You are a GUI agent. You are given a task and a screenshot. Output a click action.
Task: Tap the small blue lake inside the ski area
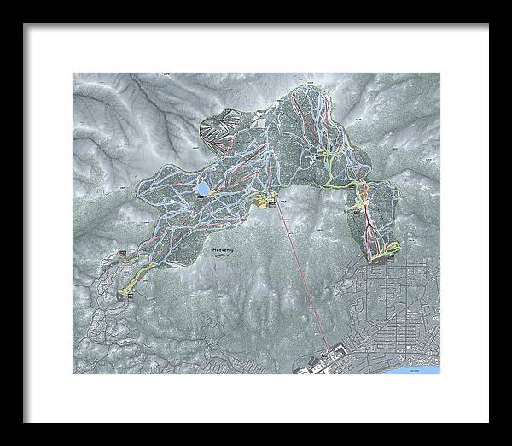pos(203,186)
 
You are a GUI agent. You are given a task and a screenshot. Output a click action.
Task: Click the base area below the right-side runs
pos(380,254)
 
